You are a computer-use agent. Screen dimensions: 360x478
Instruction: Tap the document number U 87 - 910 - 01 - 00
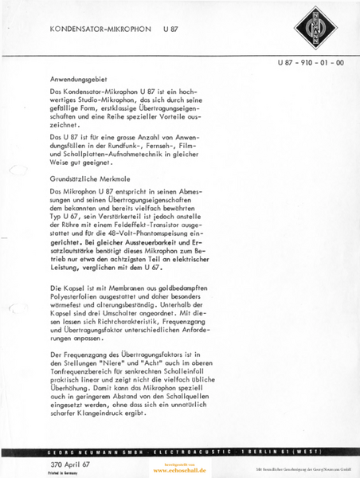(311, 62)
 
